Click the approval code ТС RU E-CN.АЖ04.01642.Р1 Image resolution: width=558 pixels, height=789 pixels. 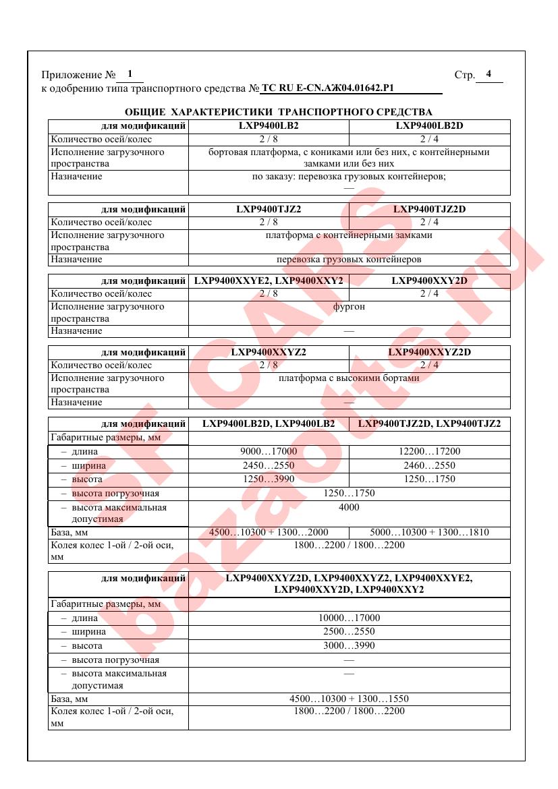coord(327,88)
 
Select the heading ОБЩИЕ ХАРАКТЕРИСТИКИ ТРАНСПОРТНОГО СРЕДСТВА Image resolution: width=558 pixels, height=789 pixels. coord(279,112)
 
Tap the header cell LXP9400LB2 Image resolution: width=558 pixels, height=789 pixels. coord(269,125)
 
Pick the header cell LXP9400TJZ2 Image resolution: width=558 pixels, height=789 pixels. coord(269,209)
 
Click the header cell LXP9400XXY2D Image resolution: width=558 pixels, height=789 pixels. coord(429,281)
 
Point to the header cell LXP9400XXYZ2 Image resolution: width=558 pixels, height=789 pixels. coord(269,352)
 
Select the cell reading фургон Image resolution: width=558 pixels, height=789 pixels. coord(349,307)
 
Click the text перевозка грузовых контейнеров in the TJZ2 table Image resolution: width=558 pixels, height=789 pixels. coord(349,259)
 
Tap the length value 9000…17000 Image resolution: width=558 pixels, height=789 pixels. coord(269,452)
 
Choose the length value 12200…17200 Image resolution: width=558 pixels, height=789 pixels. coord(429,452)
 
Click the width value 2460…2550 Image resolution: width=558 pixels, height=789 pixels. coord(429,465)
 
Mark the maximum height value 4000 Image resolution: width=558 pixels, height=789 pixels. coord(349,507)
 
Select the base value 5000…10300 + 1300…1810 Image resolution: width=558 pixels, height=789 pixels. coord(429,532)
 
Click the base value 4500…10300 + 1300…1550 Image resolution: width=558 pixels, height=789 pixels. coord(349,699)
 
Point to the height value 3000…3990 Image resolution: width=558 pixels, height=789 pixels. coord(349,645)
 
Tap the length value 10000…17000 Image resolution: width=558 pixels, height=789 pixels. coord(349,618)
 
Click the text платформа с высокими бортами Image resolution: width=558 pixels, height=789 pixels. coord(349,378)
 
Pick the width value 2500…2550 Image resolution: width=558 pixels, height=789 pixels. coord(349,632)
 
